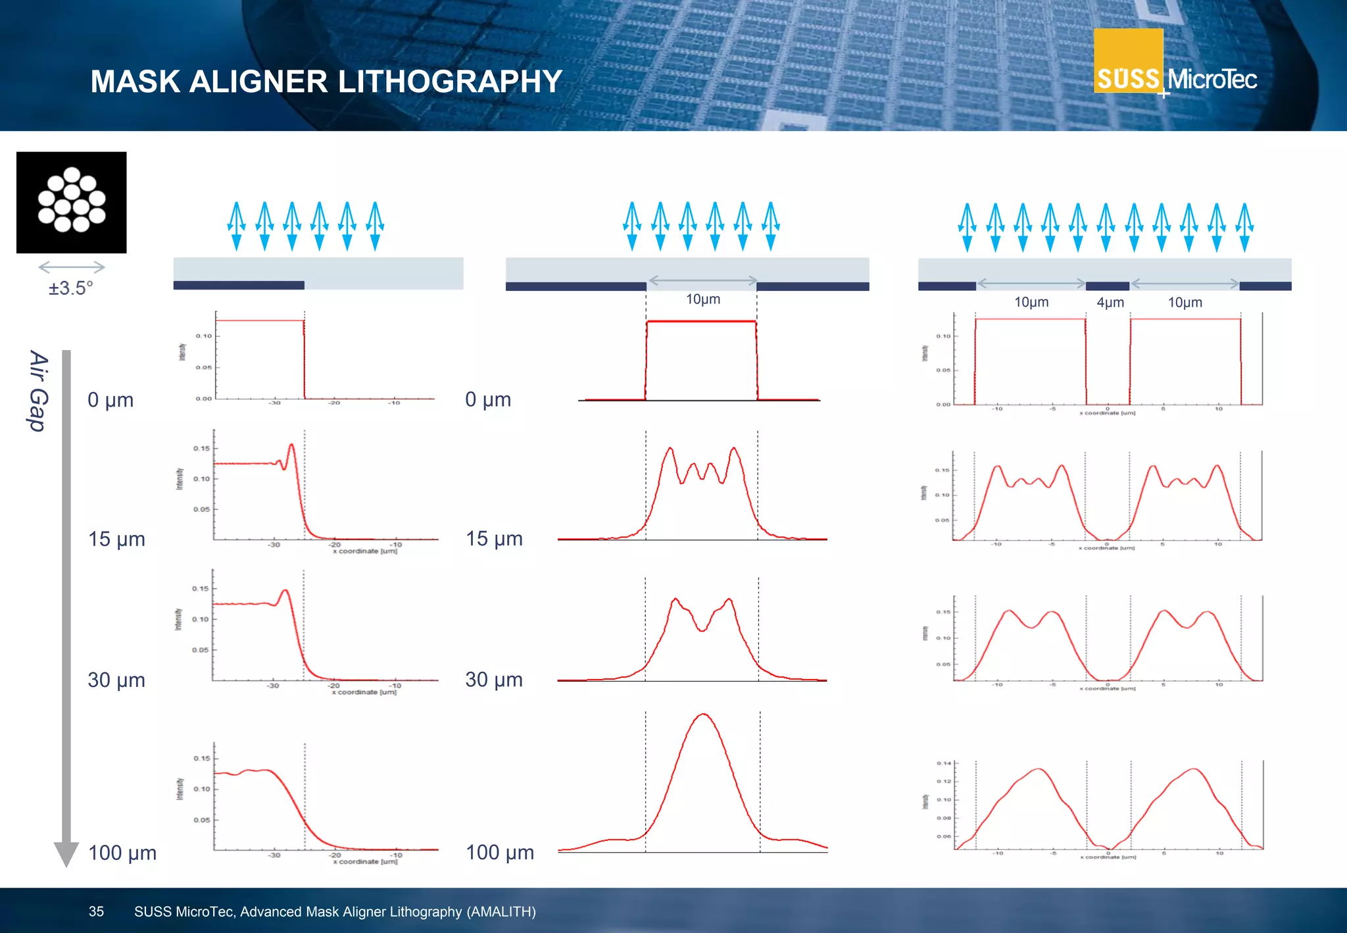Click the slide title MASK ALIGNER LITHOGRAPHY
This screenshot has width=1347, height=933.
pos(326,82)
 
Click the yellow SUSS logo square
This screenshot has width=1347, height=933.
pos(1127,61)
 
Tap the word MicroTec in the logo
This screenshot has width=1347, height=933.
pos(1212,80)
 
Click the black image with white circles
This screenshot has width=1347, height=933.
pos(71,202)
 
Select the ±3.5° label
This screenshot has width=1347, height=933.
pos(70,288)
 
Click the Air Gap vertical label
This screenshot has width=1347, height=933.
pos(39,391)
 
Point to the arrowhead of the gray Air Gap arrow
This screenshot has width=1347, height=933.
pos(66,854)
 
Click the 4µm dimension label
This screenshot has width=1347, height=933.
pos(1110,303)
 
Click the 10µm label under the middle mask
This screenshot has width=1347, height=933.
pos(702,299)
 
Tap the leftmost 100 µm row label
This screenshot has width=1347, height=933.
pos(122,853)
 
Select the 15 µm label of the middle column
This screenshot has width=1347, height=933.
pos(494,539)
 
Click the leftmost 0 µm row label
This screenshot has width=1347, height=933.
pos(110,400)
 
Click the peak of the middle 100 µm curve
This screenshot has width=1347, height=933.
pos(703,715)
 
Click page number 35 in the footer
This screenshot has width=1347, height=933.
pos(96,911)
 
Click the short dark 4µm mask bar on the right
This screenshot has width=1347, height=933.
pos(1107,286)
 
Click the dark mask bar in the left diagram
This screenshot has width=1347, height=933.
pos(238,285)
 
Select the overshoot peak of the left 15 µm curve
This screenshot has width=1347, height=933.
pos(291,446)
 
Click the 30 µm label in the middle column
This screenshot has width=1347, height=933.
pos(494,680)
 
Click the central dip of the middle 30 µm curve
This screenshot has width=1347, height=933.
pos(702,630)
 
